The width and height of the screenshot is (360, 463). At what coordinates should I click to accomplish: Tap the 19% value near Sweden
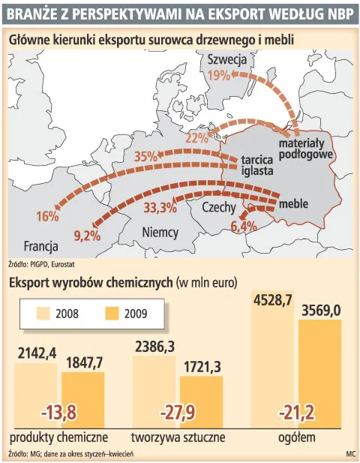coord(219,75)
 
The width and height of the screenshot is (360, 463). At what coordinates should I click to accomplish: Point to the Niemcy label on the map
coord(160,233)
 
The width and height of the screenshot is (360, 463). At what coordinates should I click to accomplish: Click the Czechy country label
coord(219,207)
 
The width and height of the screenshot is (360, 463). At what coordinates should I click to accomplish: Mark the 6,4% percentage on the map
coord(244,226)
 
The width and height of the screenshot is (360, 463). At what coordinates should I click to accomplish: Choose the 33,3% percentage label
coord(160,207)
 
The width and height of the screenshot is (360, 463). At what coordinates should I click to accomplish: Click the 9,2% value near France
coord(87,236)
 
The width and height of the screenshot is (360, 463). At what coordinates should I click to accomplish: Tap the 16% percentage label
coord(46,216)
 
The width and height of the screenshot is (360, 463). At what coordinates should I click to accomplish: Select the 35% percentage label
coord(145,157)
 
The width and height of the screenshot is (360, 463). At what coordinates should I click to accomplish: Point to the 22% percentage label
coord(196,137)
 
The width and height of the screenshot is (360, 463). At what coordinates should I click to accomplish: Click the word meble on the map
coord(293,203)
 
